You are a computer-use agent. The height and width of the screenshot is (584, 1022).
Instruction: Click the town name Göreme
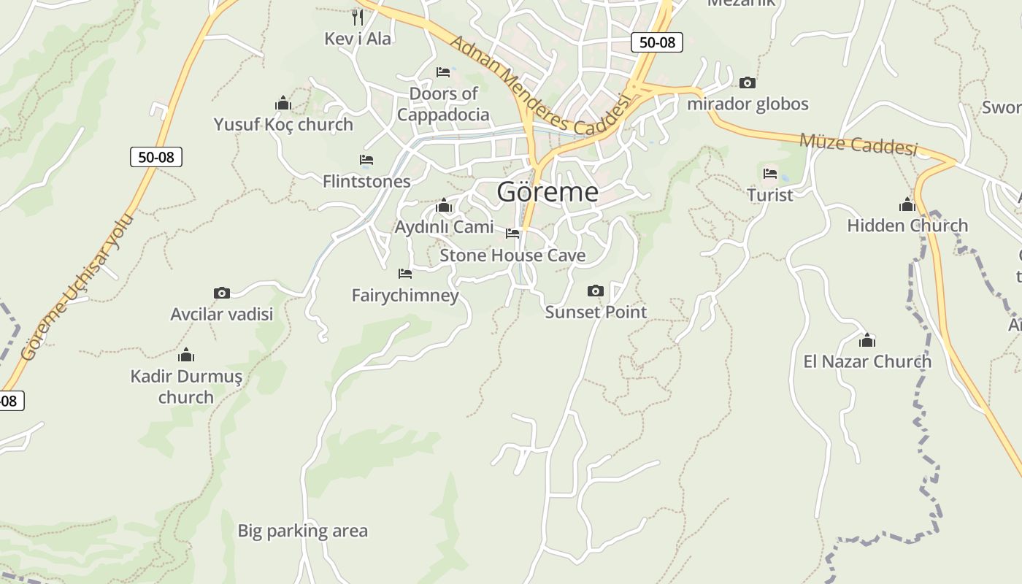click(547, 192)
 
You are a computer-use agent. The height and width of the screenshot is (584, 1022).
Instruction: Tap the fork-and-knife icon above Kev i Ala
click(357, 16)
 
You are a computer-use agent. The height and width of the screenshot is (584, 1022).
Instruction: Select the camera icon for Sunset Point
click(596, 291)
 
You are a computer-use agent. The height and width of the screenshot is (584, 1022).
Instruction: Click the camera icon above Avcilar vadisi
click(222, 293)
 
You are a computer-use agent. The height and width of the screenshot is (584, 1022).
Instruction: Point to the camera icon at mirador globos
click(748, 83)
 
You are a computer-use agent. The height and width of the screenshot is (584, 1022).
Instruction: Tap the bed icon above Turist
click(770, 174)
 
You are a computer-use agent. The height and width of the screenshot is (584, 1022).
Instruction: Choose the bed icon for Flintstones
click(366, 160)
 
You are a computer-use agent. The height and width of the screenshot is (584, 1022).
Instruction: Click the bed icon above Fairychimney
click(405, 274)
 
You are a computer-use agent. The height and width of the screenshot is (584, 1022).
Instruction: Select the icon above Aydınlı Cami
click(444, 206)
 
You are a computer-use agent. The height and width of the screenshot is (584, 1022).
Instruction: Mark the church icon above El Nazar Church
click(867, 340)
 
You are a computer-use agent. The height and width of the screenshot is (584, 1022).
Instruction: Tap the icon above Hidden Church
click(907, 204)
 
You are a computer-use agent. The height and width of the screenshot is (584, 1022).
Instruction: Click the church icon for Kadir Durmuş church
click(186, 356)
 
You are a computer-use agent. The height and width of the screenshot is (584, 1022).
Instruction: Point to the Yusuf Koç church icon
click(283, 104)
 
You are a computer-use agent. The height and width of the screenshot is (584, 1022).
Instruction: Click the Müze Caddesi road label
click(858, 144)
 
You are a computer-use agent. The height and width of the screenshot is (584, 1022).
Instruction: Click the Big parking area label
click(302, 531)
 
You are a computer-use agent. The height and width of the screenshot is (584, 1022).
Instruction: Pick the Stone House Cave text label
click(512, 255)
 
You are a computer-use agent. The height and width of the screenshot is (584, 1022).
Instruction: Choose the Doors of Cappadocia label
click(443, 104)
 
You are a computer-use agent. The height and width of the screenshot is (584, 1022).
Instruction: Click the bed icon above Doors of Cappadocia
click(443, 72)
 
